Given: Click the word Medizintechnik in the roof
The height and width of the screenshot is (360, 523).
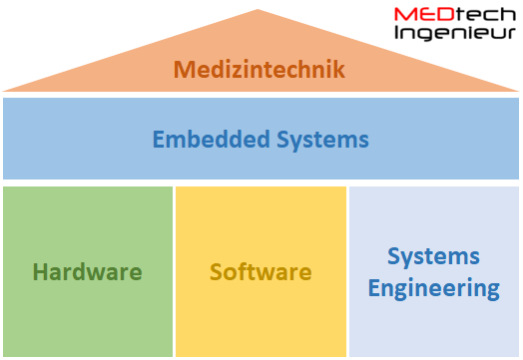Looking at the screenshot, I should [260, 70].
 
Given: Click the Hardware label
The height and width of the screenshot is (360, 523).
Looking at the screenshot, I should [87, 271].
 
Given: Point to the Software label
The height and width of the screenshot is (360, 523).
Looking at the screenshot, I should [261, 271].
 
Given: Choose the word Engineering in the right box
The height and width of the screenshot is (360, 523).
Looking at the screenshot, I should [433, 290].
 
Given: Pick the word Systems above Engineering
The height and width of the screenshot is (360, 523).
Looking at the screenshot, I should [433, 256].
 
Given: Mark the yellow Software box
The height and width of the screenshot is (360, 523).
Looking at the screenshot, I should [261, 319].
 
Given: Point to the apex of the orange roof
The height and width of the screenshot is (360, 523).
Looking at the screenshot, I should [260, 10].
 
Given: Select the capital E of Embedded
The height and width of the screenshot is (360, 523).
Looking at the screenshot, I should [158, 139].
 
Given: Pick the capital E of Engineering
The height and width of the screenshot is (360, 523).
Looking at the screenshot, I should [374, 289].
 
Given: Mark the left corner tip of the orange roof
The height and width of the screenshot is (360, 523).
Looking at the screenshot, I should [5, 91].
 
